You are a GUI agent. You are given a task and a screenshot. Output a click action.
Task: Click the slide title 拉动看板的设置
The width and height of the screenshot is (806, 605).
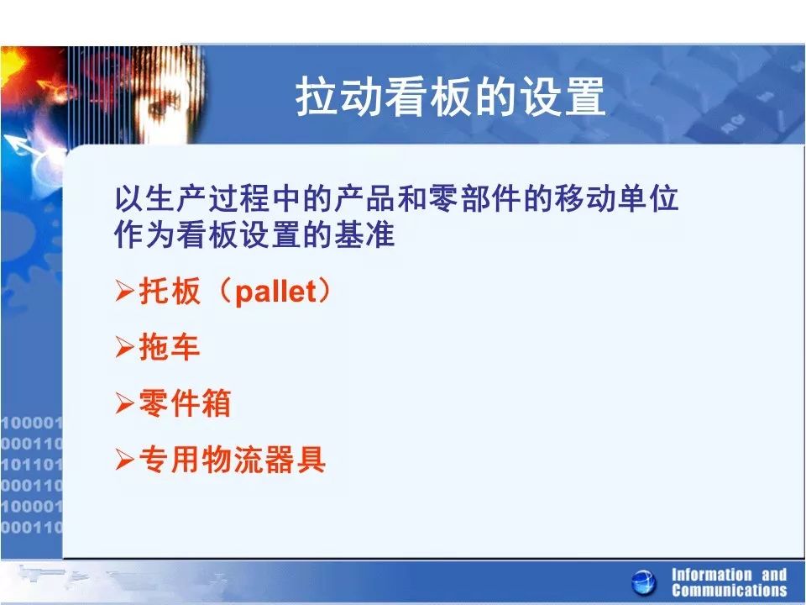450,97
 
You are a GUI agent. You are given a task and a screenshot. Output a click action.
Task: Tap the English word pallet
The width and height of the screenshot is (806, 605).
276,292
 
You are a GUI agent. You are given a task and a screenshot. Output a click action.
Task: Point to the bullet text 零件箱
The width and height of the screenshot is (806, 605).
185,402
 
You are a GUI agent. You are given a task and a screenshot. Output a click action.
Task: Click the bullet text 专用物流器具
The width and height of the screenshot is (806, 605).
233,459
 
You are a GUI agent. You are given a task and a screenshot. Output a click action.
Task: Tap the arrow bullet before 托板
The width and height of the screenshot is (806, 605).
125,291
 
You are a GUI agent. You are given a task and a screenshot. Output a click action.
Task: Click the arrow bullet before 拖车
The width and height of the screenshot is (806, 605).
125,347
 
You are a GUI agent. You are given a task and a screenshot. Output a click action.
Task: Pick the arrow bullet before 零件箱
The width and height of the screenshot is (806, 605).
125,402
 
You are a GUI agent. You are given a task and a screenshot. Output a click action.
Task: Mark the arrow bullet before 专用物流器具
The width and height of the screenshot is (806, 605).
125,459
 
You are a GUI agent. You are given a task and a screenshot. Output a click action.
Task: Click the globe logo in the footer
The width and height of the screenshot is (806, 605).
644,583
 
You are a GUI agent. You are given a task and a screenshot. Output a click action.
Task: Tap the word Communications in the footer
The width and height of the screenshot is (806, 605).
729,590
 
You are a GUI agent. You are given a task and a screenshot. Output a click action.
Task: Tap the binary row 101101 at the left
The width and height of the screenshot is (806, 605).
31,465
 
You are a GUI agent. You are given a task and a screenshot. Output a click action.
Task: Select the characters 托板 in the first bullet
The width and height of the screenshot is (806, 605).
169,291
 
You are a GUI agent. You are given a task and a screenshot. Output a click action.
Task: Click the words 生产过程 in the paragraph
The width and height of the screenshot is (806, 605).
207,198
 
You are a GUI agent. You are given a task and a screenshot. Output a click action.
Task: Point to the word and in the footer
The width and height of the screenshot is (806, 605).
774,575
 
